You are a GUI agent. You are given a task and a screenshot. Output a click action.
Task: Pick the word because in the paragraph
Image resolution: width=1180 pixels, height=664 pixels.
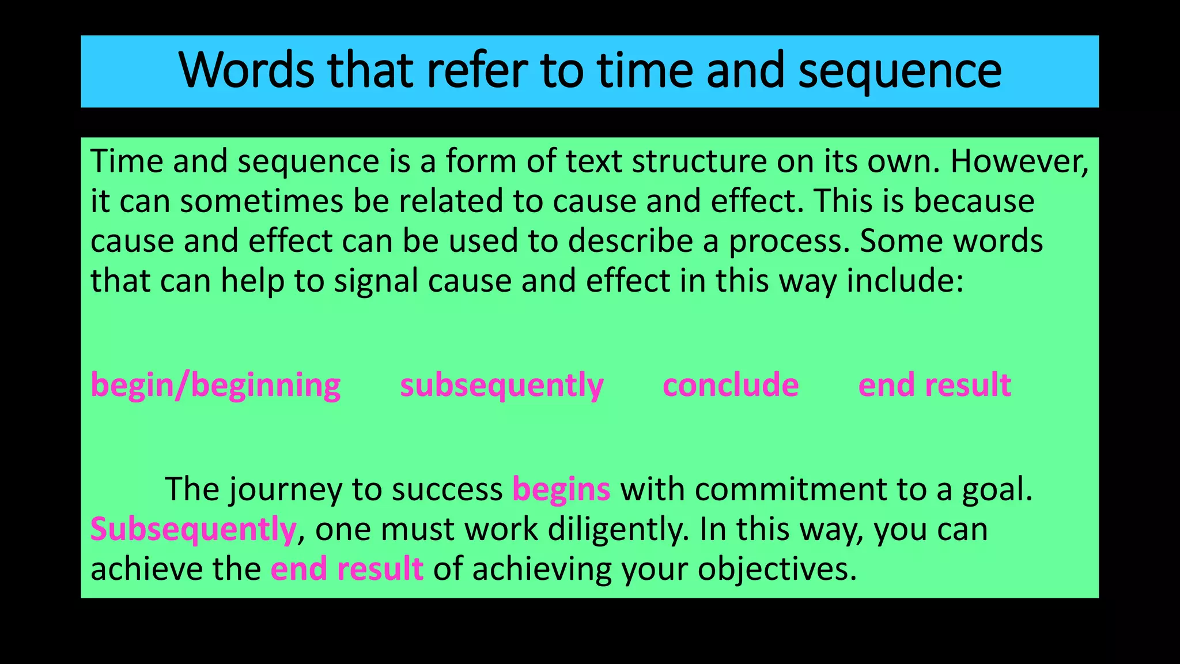[974, 201]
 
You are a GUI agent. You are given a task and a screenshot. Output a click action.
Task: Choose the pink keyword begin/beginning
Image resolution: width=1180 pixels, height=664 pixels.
[215, 385]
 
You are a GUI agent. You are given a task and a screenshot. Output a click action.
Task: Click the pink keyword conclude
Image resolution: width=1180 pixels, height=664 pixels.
[731, 385]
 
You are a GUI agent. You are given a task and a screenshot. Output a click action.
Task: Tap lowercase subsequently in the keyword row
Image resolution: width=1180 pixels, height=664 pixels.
[501, 385]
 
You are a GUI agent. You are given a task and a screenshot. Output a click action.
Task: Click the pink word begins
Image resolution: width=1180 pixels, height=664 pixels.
[561, 489]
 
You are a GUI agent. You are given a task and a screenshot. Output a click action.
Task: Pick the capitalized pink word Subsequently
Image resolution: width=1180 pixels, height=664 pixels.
[193, 529]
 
